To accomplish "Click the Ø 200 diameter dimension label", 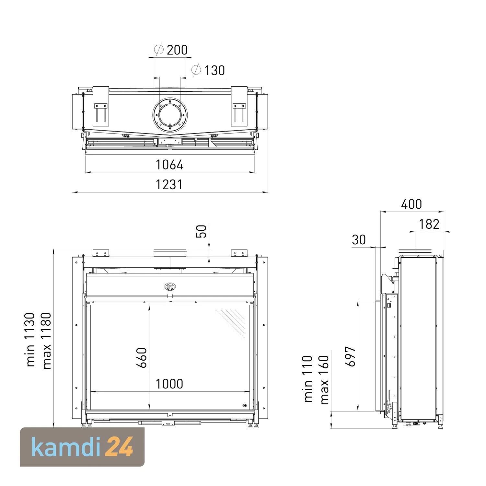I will tap(171, 50).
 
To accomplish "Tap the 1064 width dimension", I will tap(169, 165).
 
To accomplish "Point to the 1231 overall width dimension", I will tap(169, 185).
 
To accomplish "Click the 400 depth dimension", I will tap(411, 204).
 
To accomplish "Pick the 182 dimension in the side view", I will tap(429, 224).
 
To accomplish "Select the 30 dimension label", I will tap(359, 240).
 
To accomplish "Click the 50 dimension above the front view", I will tap(202, 231).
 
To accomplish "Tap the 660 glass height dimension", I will tap(142, 358).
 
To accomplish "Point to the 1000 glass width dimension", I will tap(169, 384).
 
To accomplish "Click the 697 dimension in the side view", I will tap(350, 357).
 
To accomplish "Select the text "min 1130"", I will tap(30, 340).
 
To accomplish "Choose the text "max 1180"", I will tap(46, 341).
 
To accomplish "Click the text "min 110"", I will tap(308, 379).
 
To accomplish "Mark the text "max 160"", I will tap(324, 380).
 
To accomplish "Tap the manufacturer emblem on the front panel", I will tap(170, 286).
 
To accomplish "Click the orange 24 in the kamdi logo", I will tap(120, 447).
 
